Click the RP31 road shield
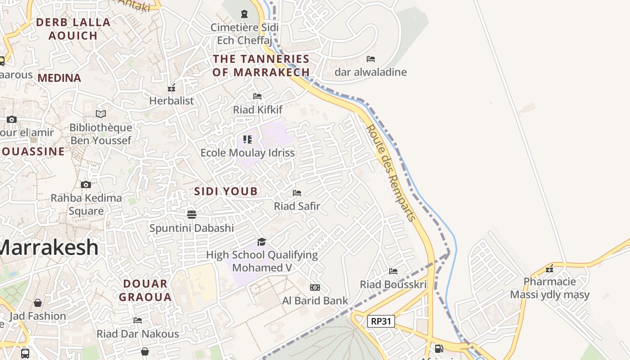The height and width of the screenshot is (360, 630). tap(381, 321)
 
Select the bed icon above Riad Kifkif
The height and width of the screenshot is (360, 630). tap(257, 96)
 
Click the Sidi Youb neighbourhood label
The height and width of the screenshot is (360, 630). tap(226, 191)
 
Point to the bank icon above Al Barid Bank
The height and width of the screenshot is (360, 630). tap(315, 288)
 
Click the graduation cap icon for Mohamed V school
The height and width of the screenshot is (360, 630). tap(262, 242)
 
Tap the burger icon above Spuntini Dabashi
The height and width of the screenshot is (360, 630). tap(192, 214)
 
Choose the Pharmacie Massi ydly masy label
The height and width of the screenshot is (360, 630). tap(549, 288)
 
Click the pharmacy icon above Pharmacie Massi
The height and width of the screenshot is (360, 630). tap(549, 269)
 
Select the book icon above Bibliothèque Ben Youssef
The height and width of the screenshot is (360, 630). tap(101, 114)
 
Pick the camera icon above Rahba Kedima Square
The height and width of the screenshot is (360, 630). tap(86, 185)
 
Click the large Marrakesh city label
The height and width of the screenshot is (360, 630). tap(49, 247)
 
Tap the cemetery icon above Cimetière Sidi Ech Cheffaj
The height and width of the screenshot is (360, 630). tap(244, 14)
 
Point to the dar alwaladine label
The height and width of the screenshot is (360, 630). tap(370, 72)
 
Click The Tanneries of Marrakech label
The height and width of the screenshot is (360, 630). tap(261, 65)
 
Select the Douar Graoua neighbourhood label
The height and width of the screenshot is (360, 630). tap(145, 290)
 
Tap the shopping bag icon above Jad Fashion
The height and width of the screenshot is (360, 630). tap(38, 303)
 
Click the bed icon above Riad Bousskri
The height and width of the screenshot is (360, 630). tap(393, 271)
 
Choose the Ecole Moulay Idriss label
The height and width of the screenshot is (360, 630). tap(247, 153)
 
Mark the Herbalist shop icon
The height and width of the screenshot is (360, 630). tap(171, 88)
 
